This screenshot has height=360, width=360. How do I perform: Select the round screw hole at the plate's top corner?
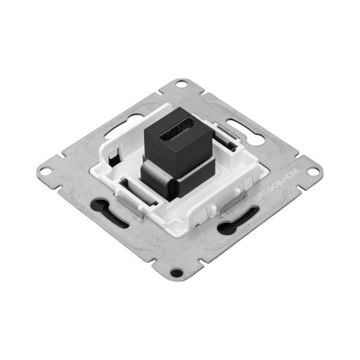click(x=181, y=85)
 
